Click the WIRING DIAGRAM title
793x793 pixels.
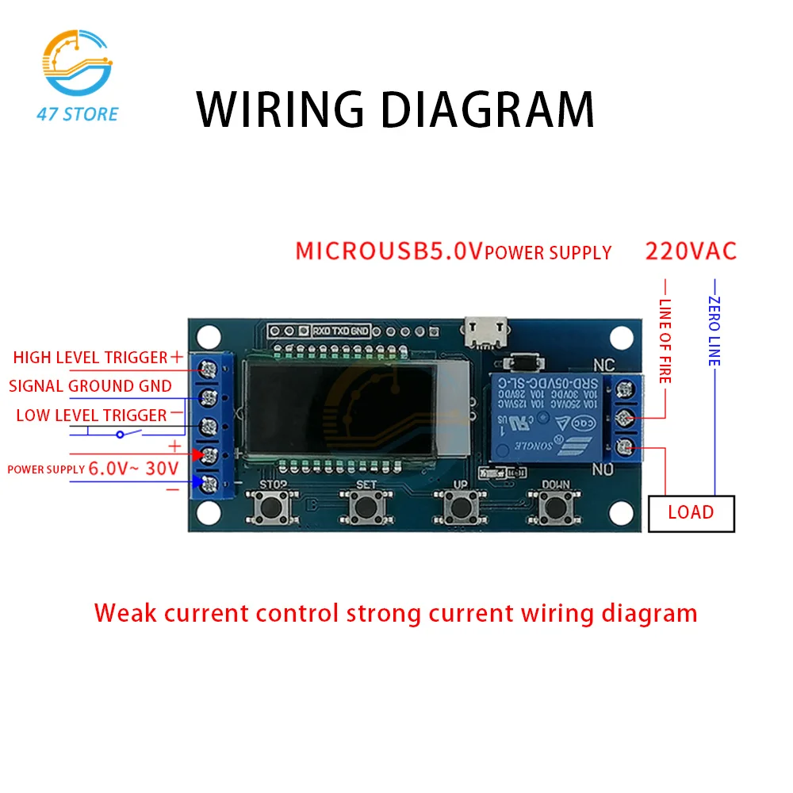[395, 109]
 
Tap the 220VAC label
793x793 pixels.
[691, 251]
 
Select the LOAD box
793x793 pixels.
[691, 512]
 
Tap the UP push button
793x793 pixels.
[460, 506]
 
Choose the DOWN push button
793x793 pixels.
[555, 506]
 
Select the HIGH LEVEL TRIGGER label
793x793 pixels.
[90, 358]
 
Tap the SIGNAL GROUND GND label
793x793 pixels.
[90, 386]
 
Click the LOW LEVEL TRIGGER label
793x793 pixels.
[91, 415]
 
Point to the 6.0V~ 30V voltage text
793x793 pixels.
[133, 469]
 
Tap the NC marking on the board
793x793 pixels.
[604, 366]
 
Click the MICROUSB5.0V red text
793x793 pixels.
[389, 251]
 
